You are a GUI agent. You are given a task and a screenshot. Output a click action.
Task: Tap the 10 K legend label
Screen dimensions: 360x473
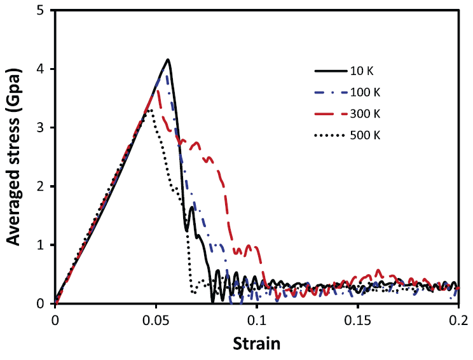point(364,71)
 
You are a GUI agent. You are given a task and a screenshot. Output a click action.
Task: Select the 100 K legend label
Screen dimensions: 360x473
point(367,93)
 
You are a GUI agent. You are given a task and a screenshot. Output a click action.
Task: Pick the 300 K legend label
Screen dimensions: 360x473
point(367,114)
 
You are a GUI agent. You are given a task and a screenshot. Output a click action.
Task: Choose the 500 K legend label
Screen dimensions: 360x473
point(367,136)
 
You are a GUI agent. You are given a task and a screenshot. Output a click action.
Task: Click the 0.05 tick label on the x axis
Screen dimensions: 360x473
point(156,319)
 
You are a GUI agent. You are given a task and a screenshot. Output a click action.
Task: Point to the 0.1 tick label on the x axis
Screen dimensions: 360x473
point(257,319)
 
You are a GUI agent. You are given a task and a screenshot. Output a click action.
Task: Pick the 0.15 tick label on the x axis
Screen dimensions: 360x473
point(357,319)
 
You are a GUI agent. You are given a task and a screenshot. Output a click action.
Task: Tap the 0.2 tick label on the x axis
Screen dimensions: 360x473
point(457,319)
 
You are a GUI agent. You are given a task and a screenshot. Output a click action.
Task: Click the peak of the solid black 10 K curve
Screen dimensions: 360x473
point(168,60)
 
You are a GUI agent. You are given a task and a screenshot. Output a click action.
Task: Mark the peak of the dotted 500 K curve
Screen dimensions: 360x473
point(150,110)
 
